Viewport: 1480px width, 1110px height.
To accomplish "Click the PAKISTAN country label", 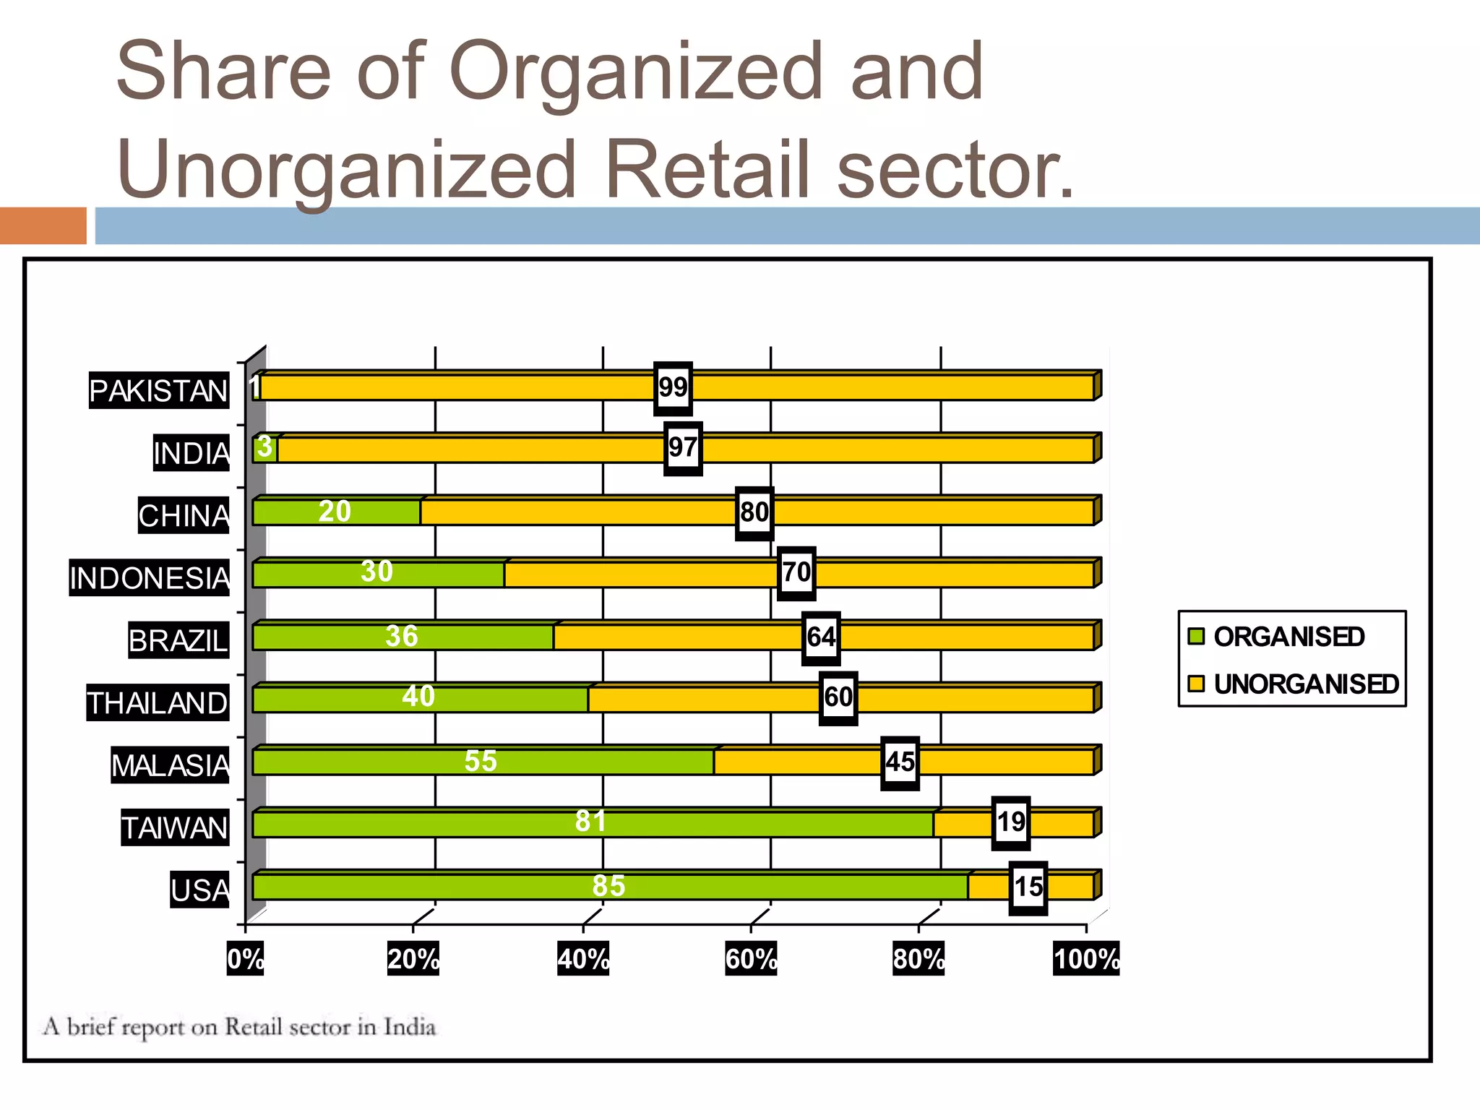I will [158, 390].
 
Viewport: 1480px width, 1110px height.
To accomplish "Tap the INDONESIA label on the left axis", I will [149, 577].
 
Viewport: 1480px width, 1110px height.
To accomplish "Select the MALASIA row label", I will [170, 765].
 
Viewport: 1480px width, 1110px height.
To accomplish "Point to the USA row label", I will [199, 890].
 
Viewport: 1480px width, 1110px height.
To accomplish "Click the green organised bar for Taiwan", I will [506, 825].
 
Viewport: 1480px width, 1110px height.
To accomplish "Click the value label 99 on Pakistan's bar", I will [673, 388].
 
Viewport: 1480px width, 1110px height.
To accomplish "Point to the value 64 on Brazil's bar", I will [821, 637].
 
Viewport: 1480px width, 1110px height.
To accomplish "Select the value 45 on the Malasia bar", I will [900, 762].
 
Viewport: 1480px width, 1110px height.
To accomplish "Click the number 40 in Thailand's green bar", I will [418, 697].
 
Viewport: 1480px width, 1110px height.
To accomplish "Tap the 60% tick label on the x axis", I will [751, 959].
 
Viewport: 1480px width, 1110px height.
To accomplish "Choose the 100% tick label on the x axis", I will [1086, 959].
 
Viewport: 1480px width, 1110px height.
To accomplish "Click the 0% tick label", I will [246, 959].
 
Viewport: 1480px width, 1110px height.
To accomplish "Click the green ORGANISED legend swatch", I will [1197, 637].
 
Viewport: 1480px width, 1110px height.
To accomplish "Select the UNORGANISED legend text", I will [1307, 684].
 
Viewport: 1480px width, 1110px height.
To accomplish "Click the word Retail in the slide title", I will [706, 169].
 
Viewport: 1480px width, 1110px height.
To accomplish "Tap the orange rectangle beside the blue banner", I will [43, 225].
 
